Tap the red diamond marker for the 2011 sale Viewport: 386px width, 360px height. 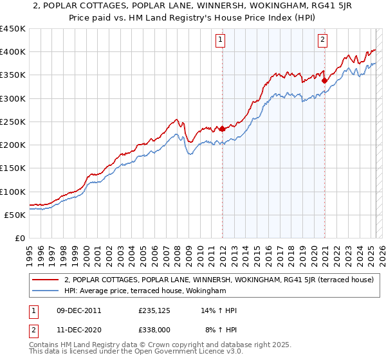point(222,129)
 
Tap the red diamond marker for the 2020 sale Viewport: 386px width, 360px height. point(324,80)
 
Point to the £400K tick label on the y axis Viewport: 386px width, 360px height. point(13,52)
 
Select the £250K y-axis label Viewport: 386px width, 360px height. point(13,122)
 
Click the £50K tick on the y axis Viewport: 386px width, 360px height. point(15,215)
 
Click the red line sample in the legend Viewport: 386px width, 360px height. point(45,280)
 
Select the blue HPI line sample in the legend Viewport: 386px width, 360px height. point(45,291)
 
